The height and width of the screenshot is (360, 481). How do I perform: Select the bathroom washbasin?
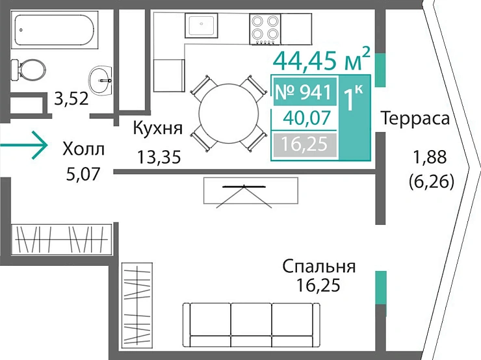point(101,79)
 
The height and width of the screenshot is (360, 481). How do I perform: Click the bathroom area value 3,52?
point(71,99)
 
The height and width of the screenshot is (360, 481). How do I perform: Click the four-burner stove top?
point(265,27)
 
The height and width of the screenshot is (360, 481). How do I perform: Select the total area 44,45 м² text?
point(322,60)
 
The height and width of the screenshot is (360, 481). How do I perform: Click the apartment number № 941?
point(304,92)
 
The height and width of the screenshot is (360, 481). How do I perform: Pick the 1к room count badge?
point(355,101)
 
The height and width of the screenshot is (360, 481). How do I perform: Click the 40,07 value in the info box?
point(304,118)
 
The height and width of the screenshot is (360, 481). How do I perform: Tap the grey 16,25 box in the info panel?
point(304,144)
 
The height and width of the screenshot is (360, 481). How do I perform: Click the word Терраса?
point(415,119)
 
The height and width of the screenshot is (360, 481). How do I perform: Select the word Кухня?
point(157,128)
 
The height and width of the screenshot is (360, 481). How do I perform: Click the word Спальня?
point(318,266)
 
